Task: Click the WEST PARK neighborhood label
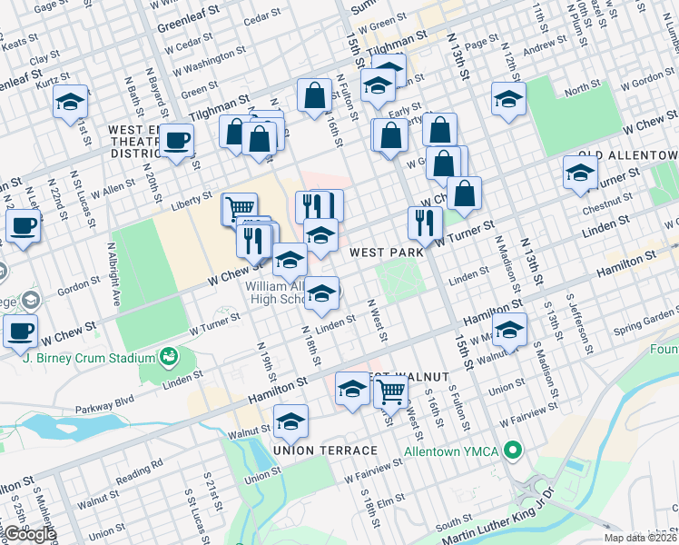coord(383,251)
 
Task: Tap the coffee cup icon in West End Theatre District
coord(178,141)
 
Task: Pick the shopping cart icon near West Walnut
coord(390,391)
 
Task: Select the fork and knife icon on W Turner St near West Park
coord(424,223)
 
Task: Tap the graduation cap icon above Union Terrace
coord(290,421)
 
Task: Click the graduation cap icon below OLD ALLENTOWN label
coord(580,173)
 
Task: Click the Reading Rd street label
coord(144,466)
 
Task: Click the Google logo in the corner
coord(29,535)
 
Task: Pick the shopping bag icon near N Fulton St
coord(313,95)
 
